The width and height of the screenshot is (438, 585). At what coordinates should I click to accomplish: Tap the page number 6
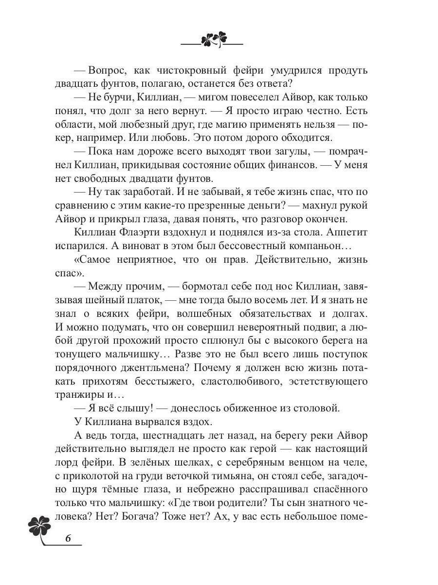pyautogui.click(x=68, y=538)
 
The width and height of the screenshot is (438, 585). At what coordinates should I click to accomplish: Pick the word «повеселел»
pyautogui.click(x=239, y=97)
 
